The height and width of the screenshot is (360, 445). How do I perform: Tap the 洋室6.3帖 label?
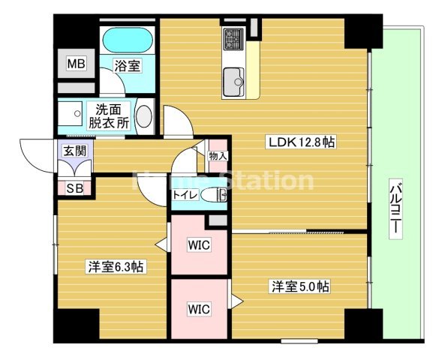tap(116, 266)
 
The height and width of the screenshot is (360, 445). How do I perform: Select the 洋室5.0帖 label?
tap(300, 286)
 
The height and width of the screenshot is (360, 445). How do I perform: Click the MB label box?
tap(77, 63)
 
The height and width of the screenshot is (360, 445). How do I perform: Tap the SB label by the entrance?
tap(74, 188)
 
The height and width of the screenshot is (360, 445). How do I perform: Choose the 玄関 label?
tap(74, 151)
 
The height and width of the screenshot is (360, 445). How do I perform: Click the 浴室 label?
tap(127, 66)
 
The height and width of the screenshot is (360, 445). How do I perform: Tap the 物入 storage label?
tap(218, 156)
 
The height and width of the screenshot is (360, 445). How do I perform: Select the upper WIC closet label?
tap(198, 244)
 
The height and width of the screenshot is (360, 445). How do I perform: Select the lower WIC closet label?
tap(198, 308)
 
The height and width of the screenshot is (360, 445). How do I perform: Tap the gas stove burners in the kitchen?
tap(233, 37)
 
